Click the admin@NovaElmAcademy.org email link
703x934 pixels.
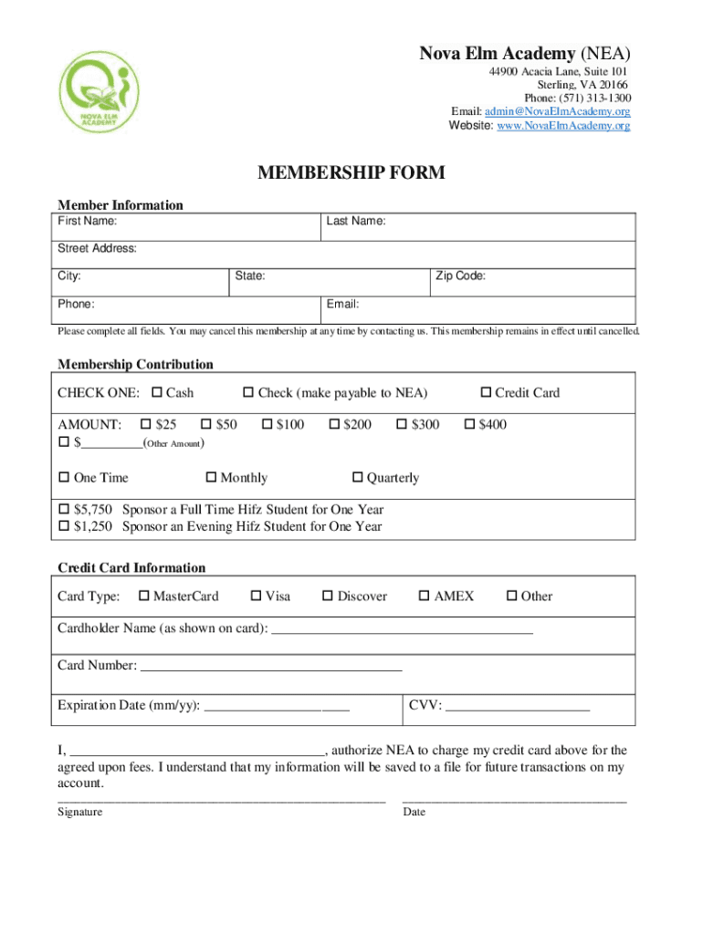coord(559,112)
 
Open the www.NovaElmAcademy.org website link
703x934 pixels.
coord(563,126)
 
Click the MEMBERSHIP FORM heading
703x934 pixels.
coord(351,173)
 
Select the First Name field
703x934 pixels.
coord(187,227)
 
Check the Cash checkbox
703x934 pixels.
coord(156,393)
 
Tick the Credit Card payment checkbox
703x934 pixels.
coord(486,393)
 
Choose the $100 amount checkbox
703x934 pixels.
coord(268,424)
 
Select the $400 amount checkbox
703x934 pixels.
coord(470,424)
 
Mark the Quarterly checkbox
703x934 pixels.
coord(358,478)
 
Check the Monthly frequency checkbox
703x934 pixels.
coord(212,478)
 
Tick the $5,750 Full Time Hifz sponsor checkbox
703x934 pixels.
coord(64,510)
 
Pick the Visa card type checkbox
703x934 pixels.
coord(256,597)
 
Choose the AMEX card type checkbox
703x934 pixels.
coord(424,597)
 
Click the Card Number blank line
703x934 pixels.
coord(270,667)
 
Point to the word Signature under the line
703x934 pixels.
coord(80,812)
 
